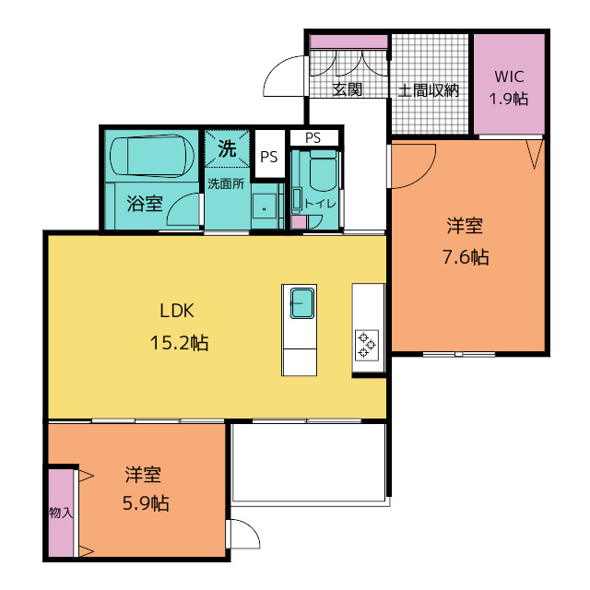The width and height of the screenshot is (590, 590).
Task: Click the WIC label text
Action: pyautogui.click(x=509, y=77)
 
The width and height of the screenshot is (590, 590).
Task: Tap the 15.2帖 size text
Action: pyautogui.click(x=179, y=343)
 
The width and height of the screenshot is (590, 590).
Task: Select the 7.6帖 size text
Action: pyautogui.click(x=466, y=257)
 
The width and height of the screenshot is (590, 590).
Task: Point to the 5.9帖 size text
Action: pyautogui.click(x=146, y=503)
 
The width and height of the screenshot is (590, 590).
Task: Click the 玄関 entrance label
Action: pyautogui.click(x=348, y=89)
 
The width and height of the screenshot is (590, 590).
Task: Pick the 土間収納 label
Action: pyautogui.click(x=429, y=90)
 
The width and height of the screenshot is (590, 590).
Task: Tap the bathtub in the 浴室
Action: pyautogui.click(x=152, y=156)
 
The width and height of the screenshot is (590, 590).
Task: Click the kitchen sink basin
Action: pyautogui.click(x=301, y=303)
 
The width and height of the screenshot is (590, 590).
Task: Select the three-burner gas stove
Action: pyautogui.click(x=367, y=345)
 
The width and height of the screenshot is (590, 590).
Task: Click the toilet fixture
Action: pyautogui.click(x=323, y=170)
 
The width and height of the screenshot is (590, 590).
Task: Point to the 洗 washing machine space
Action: pyautogui.click(x=228, y=148)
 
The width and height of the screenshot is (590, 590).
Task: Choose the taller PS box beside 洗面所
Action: pyautogui.click(x=269, y=154)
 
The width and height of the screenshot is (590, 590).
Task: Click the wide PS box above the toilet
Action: pyautogui.click(x=313, y=137)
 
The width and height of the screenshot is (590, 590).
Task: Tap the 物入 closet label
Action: pyautogui.click(x=61, y=513)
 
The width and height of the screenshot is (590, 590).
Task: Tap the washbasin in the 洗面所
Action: pyautogui.click(x=265, y=206)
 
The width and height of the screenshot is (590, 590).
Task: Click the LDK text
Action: pyautogui.click(x=177, y=311)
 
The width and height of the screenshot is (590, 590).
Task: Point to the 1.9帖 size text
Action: pyautogui.click(x=509, y=99)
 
